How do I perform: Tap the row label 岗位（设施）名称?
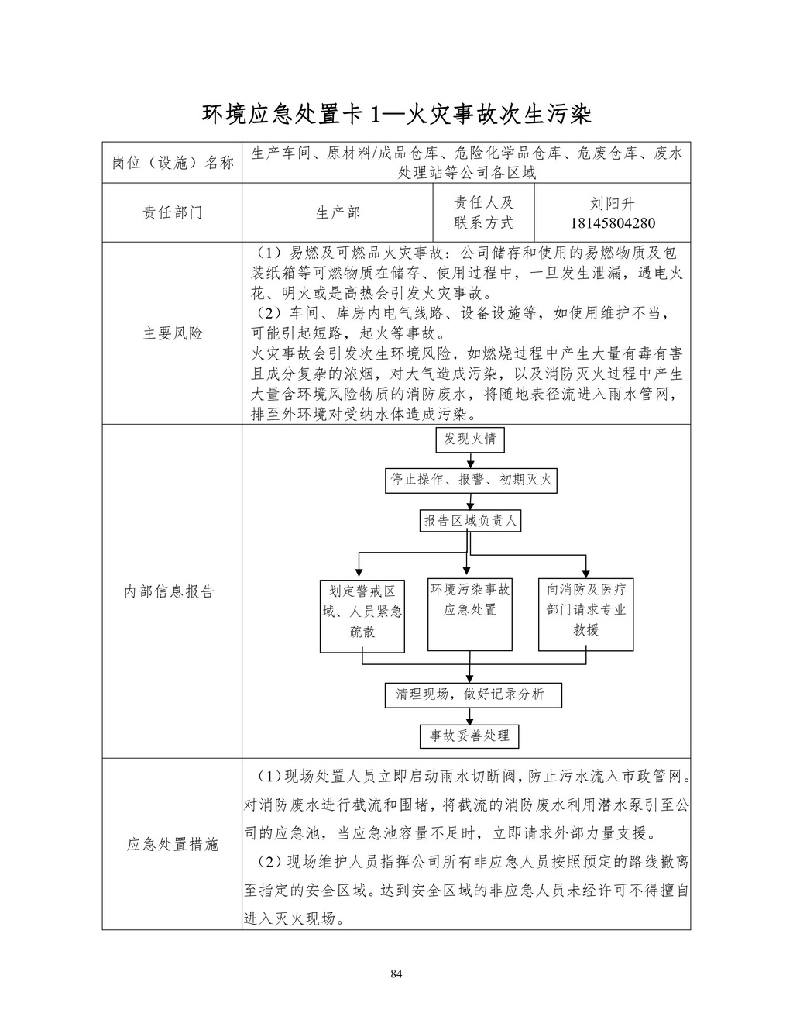172,163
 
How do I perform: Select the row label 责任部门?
172,213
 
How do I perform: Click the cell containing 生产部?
338,213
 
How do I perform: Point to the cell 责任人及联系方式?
483,213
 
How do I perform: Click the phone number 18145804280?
612,223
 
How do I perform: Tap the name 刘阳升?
612,204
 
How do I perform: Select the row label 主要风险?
172,333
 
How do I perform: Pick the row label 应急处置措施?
172,844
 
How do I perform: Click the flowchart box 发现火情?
470,439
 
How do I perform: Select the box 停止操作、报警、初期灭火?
470,481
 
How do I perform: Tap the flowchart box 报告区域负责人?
470,521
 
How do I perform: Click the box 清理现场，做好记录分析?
473,694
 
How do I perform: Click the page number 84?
396,974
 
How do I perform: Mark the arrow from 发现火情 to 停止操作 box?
470,460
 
